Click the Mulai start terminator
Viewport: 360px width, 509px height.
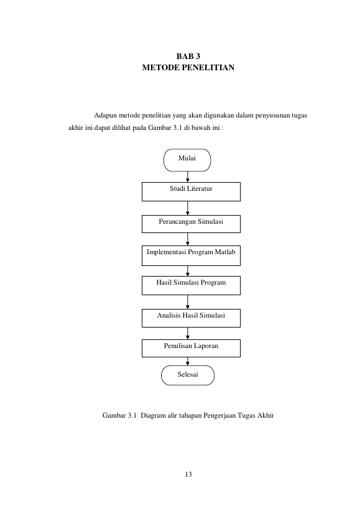(187, 160)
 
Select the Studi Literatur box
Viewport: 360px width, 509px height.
(191, 191)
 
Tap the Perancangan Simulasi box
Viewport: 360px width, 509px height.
(191, 224)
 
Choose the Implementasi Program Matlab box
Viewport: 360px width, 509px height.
(191, 255)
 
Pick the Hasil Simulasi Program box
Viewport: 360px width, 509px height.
(191, 285)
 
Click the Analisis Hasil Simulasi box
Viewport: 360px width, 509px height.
(191, 318)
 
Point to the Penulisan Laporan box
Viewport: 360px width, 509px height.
(191, 348)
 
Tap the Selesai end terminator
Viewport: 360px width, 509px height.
(188, 375)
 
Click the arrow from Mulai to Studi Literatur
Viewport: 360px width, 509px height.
(188, 177)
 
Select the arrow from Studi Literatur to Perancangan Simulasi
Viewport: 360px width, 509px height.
(188, 208)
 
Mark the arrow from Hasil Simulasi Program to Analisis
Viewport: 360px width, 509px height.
(188, 302)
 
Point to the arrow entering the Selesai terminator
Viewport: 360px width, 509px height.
(188, 361)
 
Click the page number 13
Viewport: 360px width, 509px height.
(188, 474)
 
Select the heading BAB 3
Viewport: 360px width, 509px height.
(188, 57)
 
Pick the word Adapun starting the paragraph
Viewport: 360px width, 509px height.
(106, 116)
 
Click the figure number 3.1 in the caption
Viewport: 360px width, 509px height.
(132, 416)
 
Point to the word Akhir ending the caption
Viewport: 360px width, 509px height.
(266, 416)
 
